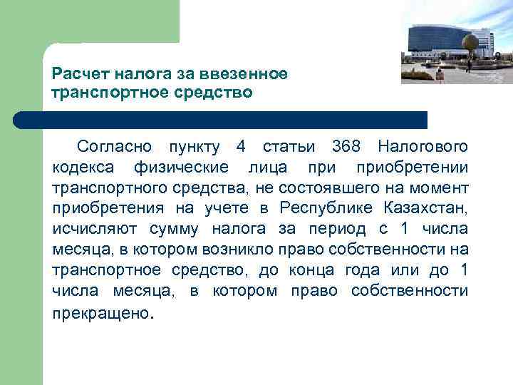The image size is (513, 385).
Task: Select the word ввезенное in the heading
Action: (253, 74)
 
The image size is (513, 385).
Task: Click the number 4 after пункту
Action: (241, 148)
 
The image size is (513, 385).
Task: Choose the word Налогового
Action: (423, 148)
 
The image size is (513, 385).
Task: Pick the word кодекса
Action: (81, 168)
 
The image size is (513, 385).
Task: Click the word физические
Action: (181, 168)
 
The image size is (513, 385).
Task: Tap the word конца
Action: (312, 271)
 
